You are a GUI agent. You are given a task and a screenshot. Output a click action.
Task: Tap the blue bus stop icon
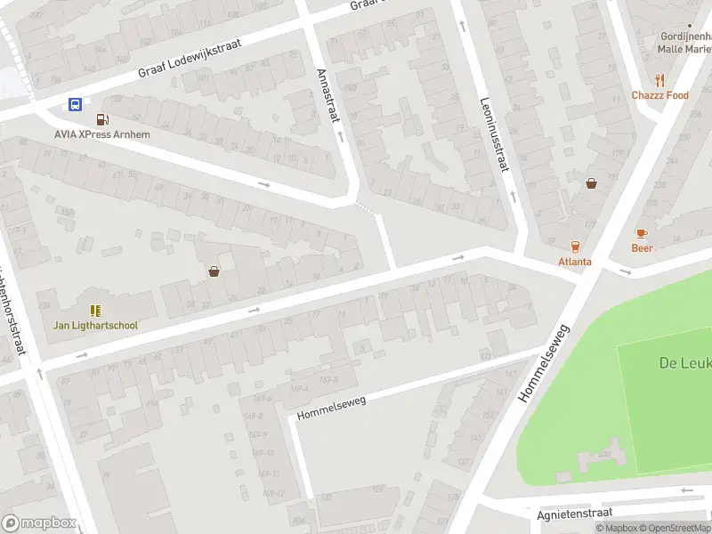(76, 104)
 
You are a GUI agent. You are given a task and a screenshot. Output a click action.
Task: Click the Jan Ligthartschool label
(95, 325)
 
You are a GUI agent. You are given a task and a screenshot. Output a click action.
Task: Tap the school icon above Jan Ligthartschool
(95, 310)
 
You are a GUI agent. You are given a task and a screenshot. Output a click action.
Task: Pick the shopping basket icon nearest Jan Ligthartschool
(214, 271)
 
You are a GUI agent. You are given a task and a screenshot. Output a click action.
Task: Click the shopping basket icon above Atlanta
(591, 183)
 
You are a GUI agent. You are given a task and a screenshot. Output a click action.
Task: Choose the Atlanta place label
(574, 262)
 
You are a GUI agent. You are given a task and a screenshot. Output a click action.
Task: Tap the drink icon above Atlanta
(574, 247)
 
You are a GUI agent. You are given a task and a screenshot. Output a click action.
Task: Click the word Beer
(642, 248)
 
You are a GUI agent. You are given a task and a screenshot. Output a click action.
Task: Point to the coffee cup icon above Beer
(641, 233)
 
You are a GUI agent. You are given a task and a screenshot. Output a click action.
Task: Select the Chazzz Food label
(659, 95)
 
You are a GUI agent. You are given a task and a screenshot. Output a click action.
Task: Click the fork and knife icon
(659, 80)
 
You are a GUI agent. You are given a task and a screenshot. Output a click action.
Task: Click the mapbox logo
(37, 523)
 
